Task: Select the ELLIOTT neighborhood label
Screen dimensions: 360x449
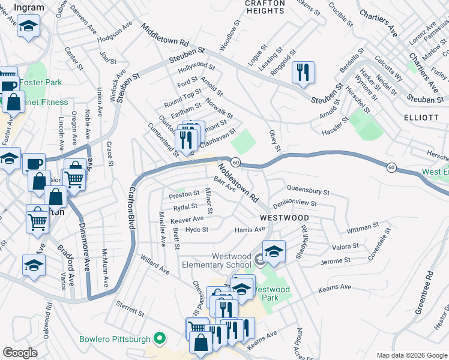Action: click(421, 118)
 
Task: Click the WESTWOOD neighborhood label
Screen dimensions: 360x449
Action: click(284, 217)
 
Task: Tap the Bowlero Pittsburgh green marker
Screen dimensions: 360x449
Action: click(159, 340)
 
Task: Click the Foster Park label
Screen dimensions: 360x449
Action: click(40, 82)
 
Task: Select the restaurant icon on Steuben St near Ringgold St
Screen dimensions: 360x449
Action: click(303, 73)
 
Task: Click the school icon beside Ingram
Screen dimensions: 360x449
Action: click(29, 27)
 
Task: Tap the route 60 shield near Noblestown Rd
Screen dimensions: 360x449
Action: click(236, 163)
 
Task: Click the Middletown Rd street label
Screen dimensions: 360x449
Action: click(165, 35)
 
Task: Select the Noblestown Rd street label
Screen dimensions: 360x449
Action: click(237, 182)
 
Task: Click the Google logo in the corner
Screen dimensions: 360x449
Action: click(20, 353)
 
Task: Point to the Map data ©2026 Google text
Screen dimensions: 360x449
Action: click(411, 355)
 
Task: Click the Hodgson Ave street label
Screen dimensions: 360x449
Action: click(114, 32)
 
